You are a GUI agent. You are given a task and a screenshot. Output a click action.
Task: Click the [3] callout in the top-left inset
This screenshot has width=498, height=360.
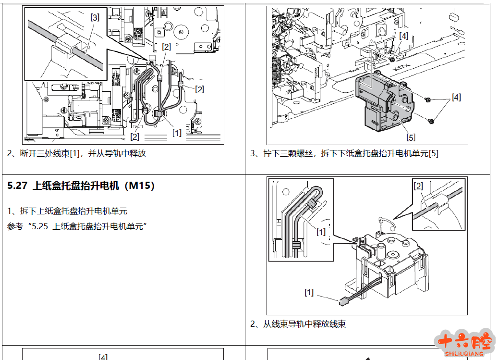point(95,17)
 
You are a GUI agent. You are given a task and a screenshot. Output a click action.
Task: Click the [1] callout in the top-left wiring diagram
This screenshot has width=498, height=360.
point(177,133)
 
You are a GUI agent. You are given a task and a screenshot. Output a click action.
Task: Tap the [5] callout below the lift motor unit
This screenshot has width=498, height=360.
point(411,137)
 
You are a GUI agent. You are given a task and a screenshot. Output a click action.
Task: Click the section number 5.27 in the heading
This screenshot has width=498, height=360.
point(17,186)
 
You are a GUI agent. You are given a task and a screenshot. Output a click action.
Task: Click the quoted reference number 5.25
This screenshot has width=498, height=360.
point(40,226)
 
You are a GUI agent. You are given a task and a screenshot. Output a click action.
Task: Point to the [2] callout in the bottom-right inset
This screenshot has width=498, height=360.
point(418,186)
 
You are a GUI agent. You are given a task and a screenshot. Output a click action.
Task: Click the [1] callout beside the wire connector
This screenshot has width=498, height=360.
point(309,292)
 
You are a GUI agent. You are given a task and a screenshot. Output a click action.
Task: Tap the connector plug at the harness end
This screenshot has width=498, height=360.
point(342,301)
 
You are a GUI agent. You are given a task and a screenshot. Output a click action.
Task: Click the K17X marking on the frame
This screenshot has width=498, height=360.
point(401,68)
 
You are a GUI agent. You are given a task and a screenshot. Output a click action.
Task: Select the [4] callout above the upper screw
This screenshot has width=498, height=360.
point(404,36)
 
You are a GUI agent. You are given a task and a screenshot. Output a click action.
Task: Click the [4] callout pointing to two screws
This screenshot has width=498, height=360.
point(456,97)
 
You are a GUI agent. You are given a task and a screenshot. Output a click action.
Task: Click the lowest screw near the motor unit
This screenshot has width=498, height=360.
point(431,121)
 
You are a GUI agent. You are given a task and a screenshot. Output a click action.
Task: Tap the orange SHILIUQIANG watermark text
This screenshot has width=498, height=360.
point(464,354)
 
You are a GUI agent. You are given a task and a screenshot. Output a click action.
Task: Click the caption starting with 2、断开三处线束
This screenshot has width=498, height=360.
point(76,153)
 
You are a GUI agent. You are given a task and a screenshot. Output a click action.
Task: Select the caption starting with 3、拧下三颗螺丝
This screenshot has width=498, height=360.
point(344,153)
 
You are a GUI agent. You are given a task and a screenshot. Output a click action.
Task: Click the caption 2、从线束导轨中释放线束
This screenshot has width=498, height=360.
point(298,324)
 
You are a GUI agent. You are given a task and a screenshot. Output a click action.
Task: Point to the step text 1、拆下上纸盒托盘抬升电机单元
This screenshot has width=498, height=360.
point(67,211)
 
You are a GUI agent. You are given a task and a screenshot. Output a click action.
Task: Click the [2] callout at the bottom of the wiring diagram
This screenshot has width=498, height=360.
point(134,137)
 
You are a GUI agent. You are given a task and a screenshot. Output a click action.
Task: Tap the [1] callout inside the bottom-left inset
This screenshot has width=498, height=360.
point(321,232)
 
